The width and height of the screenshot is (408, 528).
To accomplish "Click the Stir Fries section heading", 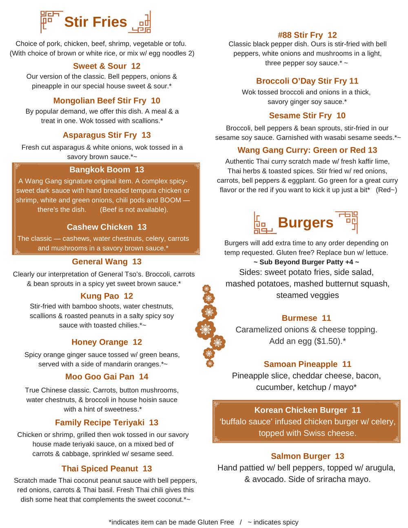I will click(95, 22).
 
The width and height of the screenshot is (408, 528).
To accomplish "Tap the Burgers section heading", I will click(305, 223).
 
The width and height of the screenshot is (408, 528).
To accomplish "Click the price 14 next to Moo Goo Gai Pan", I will click(144, 377).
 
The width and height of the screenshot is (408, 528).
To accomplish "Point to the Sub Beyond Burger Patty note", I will click(306, 262).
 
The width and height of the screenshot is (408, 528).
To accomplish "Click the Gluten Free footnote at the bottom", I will click(171, 522).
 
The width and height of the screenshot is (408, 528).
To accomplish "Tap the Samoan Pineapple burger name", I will click(300, 364).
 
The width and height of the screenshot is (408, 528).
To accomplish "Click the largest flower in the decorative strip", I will click(205, 329).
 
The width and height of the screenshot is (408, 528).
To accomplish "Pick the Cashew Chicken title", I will click(100, 227).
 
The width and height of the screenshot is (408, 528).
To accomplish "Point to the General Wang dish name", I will click(100, 262).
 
